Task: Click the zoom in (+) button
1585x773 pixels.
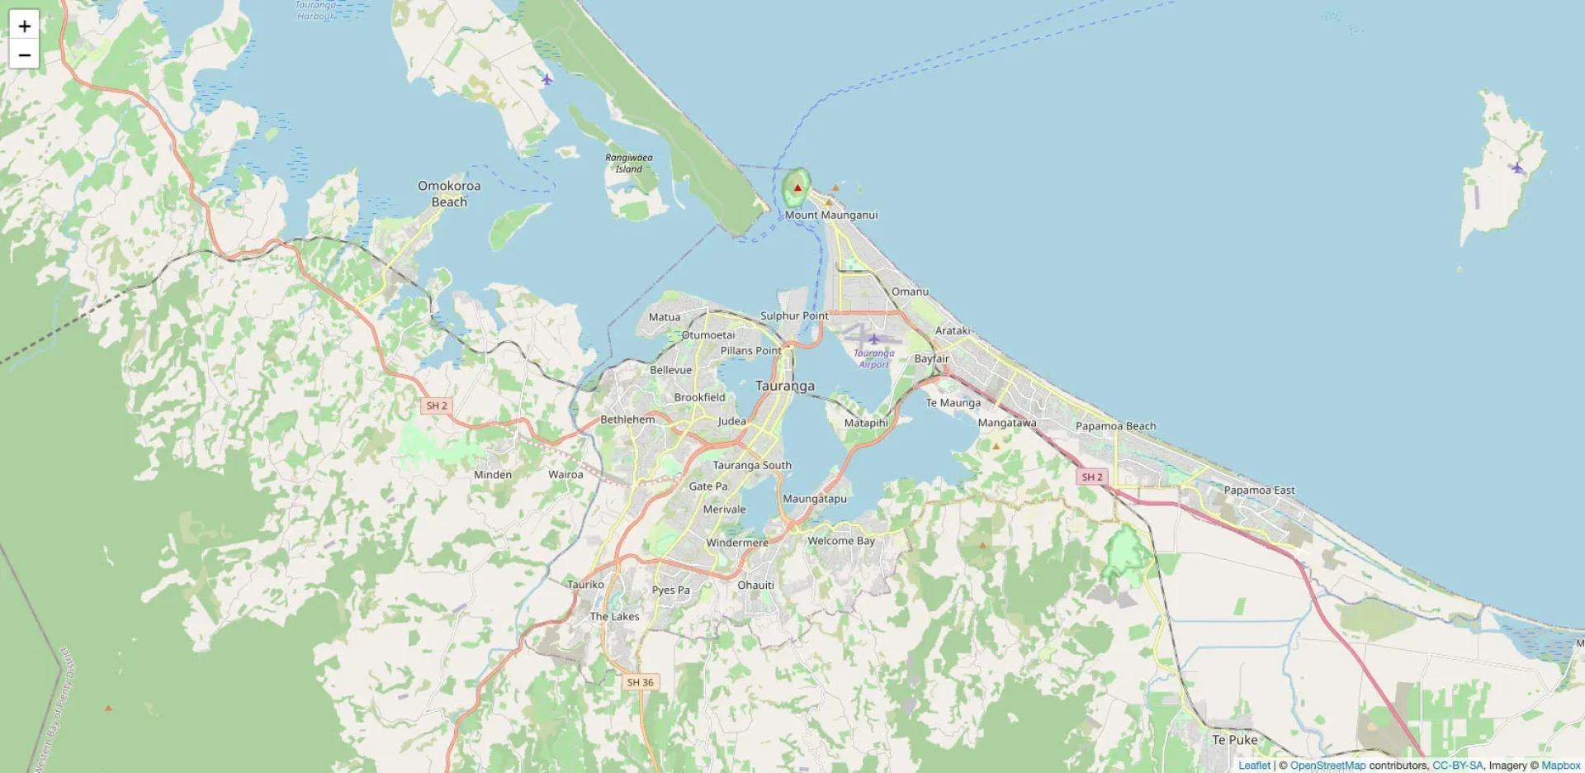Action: coord(25,26)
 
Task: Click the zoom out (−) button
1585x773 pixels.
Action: coord(25,55)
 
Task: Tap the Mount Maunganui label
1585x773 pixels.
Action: coord(830,215)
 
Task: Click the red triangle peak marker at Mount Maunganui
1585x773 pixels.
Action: coord(797,187)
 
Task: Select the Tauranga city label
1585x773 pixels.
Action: coord(784,386)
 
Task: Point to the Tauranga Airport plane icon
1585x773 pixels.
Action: coord(873,339)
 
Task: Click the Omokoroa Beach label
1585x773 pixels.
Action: coord(449,193)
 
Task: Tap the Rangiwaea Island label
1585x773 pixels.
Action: coord(628,163)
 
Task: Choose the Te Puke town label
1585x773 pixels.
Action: coord(1234,740)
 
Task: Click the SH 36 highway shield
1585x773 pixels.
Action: coord(640,682)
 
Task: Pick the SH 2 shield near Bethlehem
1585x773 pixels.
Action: coord(436,405)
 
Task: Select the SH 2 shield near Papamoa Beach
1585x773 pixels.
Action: coord(1091,477)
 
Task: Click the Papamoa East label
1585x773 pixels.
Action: coord(1259,490)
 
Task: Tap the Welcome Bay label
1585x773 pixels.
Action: coord(840,541)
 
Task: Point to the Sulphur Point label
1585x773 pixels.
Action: coord(793,315)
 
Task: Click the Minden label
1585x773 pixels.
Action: coord(493,475)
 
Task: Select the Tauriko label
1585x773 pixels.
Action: coord(585,584)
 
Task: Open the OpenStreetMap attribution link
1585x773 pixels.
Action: coord(1327,766)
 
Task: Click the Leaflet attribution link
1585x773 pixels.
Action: coord(1254,766)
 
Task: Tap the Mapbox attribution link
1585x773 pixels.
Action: coord(1560,766)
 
